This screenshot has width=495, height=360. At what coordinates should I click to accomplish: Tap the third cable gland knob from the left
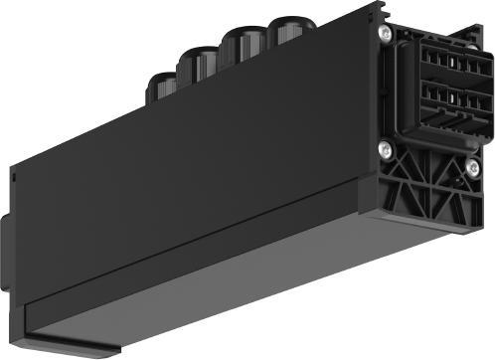click(240, 46)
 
